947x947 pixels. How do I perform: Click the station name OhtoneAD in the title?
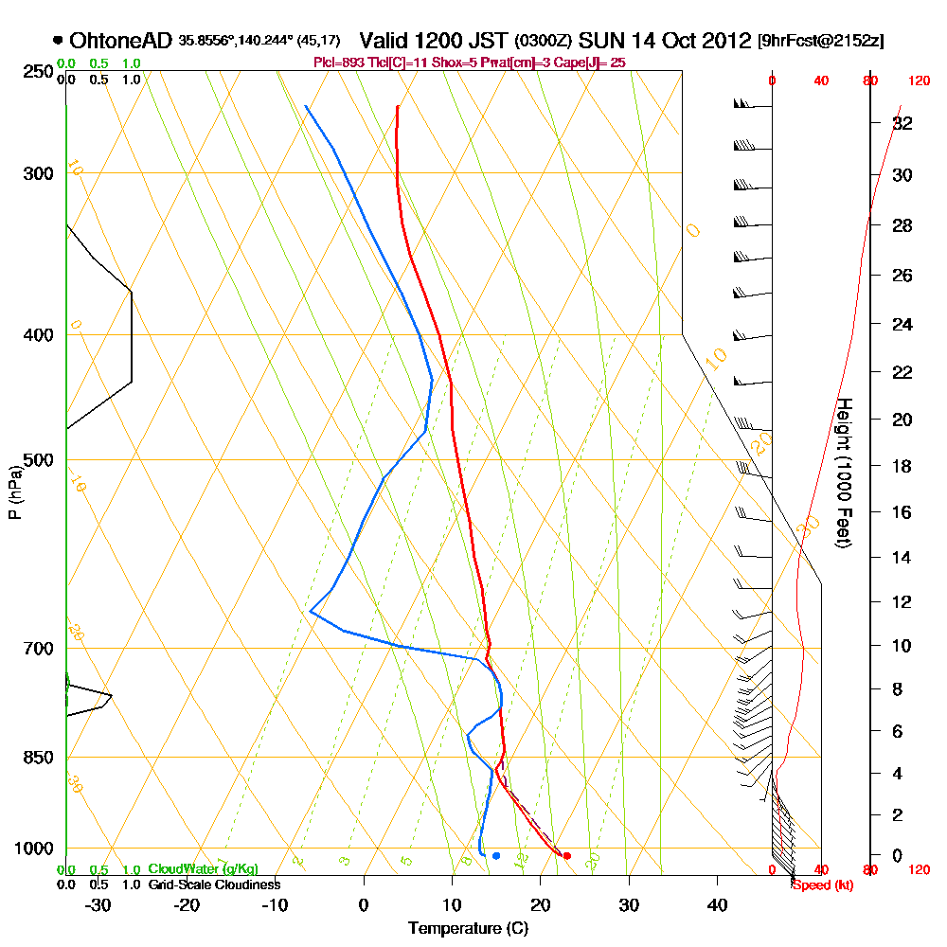click(120, 42)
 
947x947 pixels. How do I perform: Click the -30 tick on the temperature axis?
click(98, 903)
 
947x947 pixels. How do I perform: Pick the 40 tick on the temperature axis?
click(718, 903)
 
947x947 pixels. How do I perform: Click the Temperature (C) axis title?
click(468, 929)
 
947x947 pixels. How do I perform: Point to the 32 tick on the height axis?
click(903, 123)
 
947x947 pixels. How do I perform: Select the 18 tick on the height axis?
click(903, 466)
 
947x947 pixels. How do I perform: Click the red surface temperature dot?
click(566, 856)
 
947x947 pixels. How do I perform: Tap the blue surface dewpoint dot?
click(496, 856)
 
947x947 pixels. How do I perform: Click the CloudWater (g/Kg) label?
click(203, 869)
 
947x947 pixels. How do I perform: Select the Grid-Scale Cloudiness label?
click(213, 884)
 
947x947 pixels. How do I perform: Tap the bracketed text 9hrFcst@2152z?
click(820, 43)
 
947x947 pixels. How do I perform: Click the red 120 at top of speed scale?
click(919, 81)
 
